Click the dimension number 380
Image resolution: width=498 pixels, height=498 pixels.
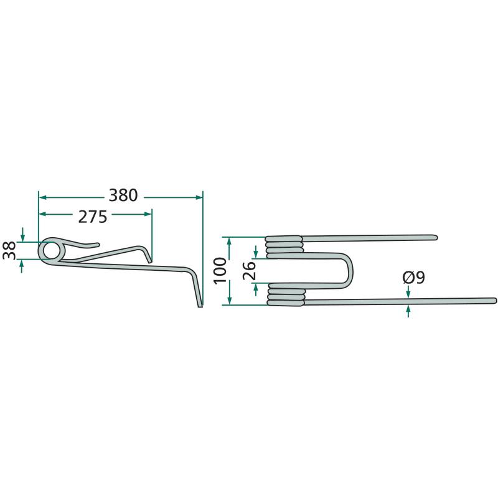123,195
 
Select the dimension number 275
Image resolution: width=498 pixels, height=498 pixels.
93,217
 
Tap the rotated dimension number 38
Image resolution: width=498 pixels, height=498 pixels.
9,250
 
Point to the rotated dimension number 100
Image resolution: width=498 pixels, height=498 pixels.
220,271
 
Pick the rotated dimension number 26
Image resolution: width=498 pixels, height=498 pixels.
250,271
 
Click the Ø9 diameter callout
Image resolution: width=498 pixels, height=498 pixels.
413,278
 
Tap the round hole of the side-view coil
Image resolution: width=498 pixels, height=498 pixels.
51,250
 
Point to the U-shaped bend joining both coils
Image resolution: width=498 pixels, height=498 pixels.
349,270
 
